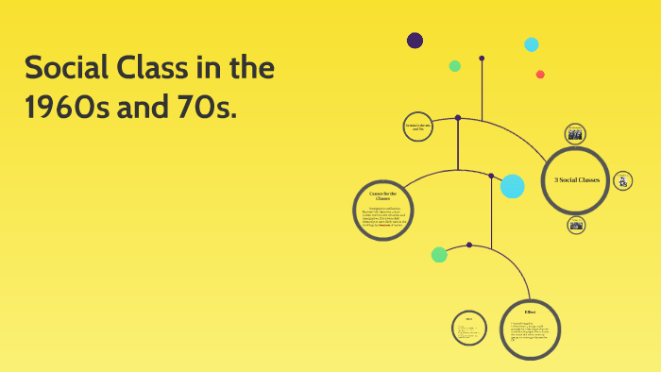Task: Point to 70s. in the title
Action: (x=195, y=108)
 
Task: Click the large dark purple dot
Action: (x=415, y=40)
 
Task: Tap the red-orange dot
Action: (x=540, y=75)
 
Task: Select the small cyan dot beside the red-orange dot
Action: (x=532, y=44)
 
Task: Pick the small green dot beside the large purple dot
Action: (x=455, y=66)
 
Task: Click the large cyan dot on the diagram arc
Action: (x=512, y=186)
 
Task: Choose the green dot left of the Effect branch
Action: (x=439, y=254)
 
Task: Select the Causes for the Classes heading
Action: (x=382, y=195)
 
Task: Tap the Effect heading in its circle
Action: (x=530, y=311)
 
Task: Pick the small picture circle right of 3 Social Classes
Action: (x=623, y=180)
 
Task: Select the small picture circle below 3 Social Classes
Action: (x=576, y=225)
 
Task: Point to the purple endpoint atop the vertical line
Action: (x=482, y=59)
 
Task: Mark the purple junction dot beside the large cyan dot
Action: (x=491, y=176)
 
